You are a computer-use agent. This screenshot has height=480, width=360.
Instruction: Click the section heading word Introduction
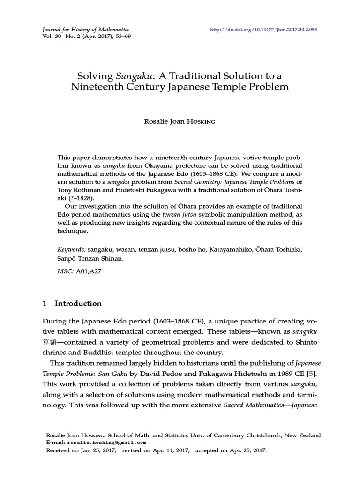(78, 303)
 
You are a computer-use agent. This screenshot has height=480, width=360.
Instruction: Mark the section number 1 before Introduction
(45, 303)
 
